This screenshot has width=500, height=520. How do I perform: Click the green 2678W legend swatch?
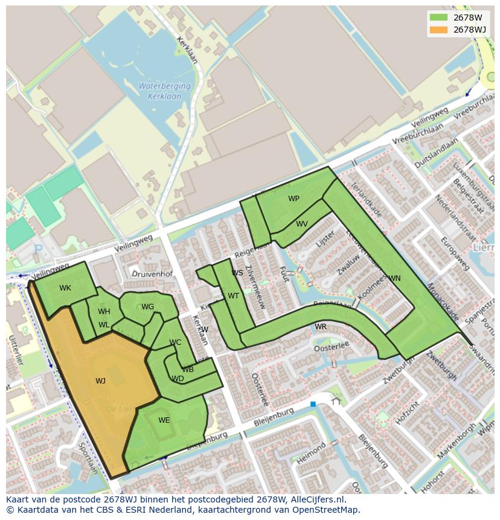point(438,18)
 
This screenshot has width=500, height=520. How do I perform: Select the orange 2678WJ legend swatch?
point(438,30)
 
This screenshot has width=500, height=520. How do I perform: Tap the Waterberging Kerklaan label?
point(164,91)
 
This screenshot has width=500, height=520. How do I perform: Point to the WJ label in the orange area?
point(100,380)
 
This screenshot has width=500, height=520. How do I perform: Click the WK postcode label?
point(65,288)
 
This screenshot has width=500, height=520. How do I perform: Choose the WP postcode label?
point(293,199)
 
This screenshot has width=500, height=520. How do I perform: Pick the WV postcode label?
point(302,224)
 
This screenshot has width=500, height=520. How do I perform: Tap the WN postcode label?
point(394,278)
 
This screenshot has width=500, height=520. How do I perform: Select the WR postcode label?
point(321,327)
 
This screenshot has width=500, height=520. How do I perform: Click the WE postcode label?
point(164,420)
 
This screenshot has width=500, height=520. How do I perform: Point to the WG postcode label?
point(148,307)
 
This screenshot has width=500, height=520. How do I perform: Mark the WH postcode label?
point(104,312)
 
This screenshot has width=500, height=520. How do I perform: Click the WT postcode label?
point(233,296)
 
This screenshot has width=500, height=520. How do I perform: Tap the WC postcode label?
point(175,342)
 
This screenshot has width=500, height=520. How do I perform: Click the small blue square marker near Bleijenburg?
point(313,404)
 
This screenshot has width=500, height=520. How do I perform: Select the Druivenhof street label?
point(152,274)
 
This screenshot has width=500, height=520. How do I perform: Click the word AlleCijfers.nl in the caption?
point(316,499)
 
